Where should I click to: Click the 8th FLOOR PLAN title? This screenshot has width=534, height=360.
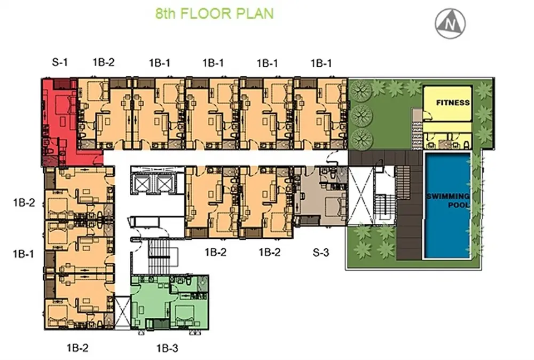pyautogui.click(x=215, y=14)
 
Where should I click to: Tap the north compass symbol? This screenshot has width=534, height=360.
pyautogui.click(x=450, y=24)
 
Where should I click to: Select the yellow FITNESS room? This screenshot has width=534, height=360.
pyautogui.click(x=447, y=104)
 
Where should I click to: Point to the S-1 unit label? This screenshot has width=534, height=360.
pyautogui.click(x=60, y=62)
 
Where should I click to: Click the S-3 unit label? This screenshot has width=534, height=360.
pyautogui.click(x=321, y=253)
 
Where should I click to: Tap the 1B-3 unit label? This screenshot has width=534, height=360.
pyautogui.click(x=167, y=348)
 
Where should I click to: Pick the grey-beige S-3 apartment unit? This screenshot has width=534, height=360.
pyautogui.click(x=320, y=196)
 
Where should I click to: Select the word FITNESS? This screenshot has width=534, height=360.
pyautogui.click(x=453, y=103)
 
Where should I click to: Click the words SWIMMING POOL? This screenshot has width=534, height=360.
pyautogui.click(x=448, y=201)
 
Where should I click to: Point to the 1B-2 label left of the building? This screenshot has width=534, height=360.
pyautogui.click(x=24, y=202)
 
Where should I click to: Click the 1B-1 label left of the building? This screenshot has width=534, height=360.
pyautogui.click(x=23, y=254)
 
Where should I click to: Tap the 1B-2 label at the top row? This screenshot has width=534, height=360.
pyautogui.click(x=104, y=62)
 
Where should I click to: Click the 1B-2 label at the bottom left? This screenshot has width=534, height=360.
pyautogui.click(x=77, y=348)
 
